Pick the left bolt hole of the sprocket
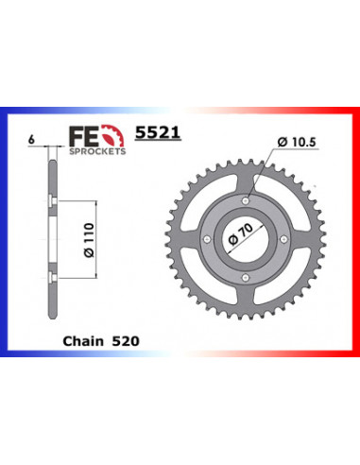point(207,238)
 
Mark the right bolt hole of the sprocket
point(286,238)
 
